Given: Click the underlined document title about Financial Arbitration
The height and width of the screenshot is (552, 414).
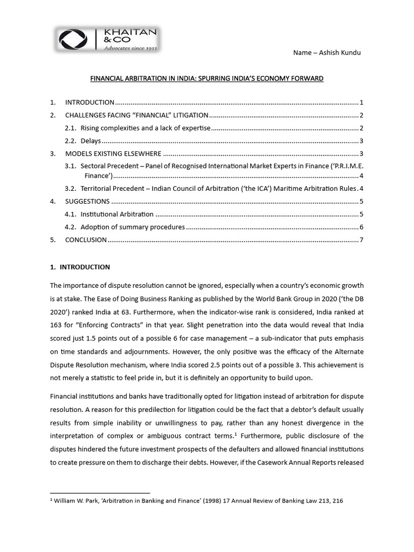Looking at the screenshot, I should click(206, 79).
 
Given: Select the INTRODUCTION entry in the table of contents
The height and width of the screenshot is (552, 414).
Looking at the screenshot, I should click(89, 102).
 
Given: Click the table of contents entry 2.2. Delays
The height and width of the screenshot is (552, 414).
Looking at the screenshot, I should click(90, 141).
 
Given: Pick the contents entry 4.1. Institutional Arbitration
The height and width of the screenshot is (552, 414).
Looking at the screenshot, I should click(117, 214).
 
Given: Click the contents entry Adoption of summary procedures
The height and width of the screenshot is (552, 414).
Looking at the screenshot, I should click(133, 227).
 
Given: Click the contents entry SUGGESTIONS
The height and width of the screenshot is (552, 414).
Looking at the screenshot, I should click(87, 202).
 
